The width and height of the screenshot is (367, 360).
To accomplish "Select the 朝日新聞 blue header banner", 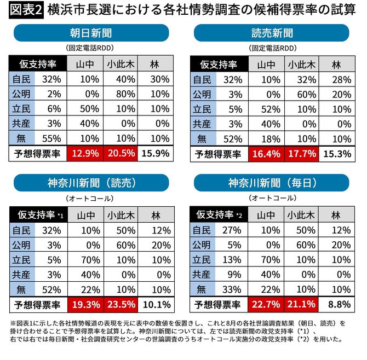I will pos(93,33).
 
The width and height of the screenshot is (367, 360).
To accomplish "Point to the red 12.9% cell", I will pos(85,154).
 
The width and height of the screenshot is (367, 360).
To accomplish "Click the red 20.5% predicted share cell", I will pos(121,154).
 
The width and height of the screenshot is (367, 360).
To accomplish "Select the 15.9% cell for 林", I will pos(156,154).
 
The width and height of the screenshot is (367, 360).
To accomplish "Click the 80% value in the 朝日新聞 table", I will pos(121,94).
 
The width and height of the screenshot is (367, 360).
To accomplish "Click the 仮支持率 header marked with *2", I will pos(219,214).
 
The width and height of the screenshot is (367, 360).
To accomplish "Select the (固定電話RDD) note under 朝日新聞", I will pos(93,48).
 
